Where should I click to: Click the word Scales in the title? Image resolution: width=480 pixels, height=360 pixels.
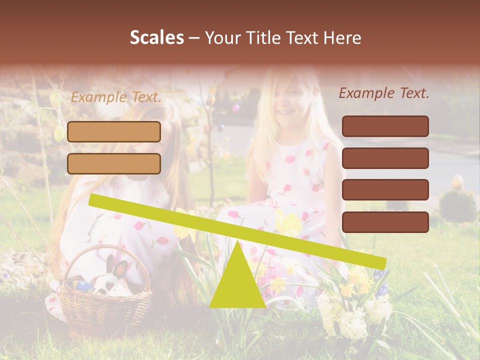[156, 37]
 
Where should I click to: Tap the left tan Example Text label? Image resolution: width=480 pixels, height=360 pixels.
[116, 97]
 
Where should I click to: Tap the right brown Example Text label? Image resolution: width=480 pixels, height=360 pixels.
[384, 93]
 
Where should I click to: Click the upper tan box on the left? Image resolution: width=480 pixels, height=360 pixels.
[114, 131]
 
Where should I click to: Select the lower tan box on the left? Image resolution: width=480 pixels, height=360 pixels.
[114, 163]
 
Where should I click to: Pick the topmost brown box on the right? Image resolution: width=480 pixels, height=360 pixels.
[385, 126]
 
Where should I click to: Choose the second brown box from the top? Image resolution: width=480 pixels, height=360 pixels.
[385, 158]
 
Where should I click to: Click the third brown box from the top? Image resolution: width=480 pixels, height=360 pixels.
[385, 190]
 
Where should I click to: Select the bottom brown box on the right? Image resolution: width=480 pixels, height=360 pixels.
[385, 222]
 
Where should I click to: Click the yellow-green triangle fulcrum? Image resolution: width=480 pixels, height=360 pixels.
[237, 282]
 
